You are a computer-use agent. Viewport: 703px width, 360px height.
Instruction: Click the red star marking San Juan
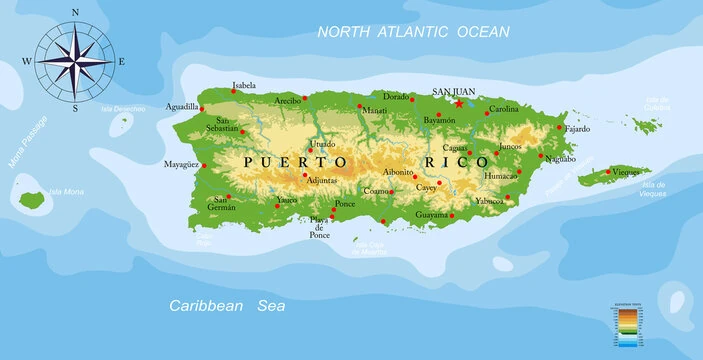459,103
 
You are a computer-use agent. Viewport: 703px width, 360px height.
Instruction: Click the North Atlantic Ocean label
413,32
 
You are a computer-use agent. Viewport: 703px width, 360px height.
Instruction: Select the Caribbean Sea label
227,305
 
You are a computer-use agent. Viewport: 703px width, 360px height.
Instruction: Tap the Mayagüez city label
182,164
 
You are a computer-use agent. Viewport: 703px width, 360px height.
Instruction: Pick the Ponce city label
345,204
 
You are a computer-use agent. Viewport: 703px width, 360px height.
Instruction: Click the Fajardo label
578,129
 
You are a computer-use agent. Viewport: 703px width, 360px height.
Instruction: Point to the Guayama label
431,214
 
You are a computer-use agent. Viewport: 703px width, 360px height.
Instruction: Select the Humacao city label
500,175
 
